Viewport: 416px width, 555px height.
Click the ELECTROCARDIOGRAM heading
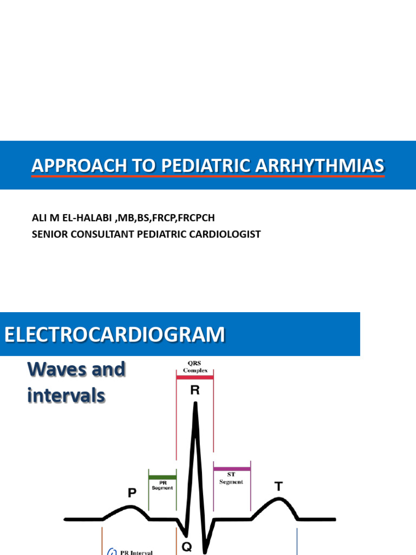coord(114,334)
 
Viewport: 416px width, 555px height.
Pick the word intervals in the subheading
coord(66,396)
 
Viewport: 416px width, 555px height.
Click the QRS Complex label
coord(194,366)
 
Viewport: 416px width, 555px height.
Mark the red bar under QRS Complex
coord(194,376)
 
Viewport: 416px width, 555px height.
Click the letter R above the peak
coord(195,390)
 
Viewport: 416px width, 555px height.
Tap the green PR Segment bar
coord(162,477)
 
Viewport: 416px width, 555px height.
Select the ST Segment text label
coord(231,479)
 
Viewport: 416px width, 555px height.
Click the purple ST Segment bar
coord(232,468)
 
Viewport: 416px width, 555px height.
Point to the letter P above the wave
coord(132,493)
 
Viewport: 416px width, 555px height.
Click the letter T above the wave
coord(278,487)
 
